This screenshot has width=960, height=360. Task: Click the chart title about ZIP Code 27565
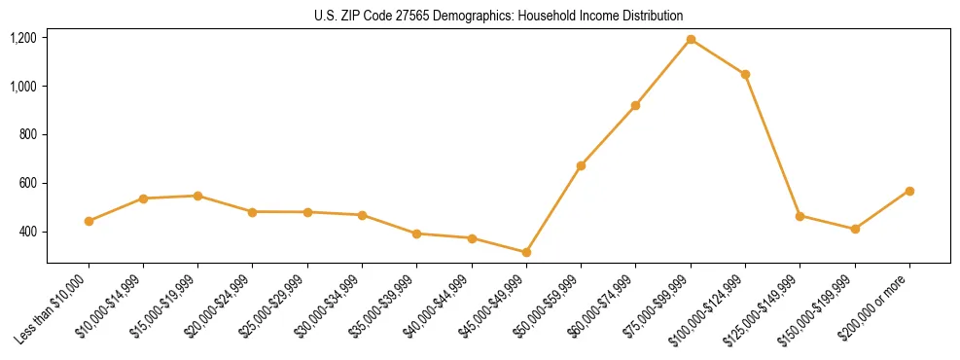point(499,16)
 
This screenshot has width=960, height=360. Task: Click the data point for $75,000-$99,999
point(691,40)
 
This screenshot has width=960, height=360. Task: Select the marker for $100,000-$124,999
point(745,74)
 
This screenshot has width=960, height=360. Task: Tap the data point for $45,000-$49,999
point(526,253)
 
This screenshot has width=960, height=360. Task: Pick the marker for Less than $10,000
point(89,221)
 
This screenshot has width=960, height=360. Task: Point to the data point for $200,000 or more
point(909,191)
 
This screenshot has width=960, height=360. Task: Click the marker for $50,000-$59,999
point(581,165)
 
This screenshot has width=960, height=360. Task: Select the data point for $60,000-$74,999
point(635,105)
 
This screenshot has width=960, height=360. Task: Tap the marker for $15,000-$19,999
point(197,196)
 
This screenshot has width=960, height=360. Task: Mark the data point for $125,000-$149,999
point(800,216)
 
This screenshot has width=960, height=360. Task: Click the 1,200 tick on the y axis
point(23,38)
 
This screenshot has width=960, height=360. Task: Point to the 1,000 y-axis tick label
point(23,87)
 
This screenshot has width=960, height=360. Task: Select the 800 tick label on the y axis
point(27,135)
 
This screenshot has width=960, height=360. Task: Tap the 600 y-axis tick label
point(27,184)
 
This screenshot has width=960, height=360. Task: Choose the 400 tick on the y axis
point(27,233)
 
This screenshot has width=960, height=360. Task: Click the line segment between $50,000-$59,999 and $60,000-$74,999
point(608,135)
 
